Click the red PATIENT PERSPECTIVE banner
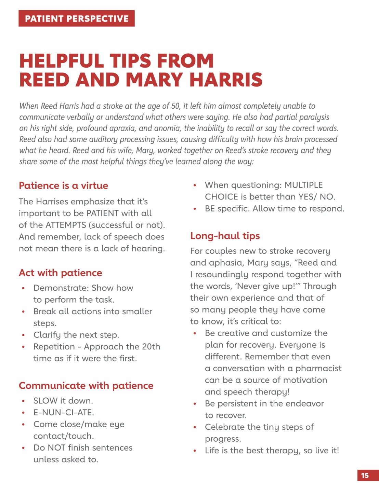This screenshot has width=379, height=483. [77, 18]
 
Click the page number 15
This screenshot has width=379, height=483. [365, 475]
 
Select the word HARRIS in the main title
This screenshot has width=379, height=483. [226, 80]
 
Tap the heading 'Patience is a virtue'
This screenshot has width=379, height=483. [64, 185]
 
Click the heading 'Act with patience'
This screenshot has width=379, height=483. [61, 273]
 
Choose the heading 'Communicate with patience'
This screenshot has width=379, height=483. [86, 385]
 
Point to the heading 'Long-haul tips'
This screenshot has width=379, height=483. [225, 236]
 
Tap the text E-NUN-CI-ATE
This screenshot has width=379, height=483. [63, 412]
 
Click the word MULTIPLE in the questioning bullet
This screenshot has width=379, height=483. [304, 185]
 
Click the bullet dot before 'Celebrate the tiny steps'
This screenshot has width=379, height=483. [195, 427]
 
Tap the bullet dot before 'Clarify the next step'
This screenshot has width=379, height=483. [23, 335]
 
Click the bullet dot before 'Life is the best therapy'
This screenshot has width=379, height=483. [195, 451]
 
